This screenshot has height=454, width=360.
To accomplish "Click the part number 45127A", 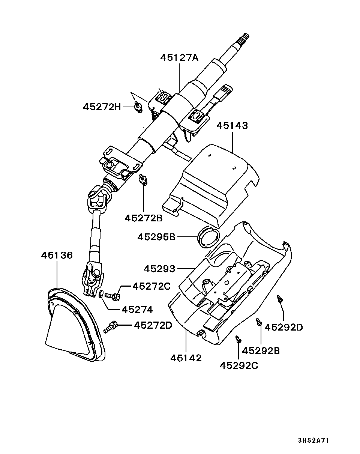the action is [179, 57].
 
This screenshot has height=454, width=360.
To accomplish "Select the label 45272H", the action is [102, 107].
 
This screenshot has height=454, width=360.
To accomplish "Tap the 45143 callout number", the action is [232, 126].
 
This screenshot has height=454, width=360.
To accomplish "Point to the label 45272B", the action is [144, 218].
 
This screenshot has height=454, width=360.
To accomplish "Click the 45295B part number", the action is [156, 237].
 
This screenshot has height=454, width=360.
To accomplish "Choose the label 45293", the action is [159, 269].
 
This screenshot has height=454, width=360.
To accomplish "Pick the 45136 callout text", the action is [57, 255].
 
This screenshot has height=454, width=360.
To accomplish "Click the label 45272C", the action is [151, 286].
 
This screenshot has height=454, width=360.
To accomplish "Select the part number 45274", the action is [137, 310].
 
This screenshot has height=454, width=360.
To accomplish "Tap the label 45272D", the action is [153, 325].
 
